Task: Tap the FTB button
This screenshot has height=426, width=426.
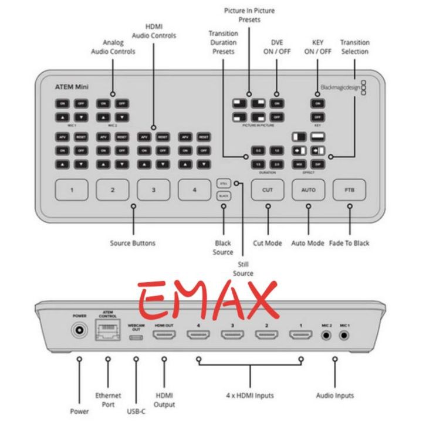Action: (350, 190)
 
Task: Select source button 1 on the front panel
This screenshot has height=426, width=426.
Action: (72, 190)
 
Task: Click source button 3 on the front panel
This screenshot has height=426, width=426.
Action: (154, 190)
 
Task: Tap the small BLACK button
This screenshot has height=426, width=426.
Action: (224, 196)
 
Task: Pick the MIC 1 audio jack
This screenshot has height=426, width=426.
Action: (344, 336)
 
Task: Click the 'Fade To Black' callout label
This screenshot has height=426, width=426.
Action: (350, 243)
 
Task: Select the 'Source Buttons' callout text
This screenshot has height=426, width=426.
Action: (133, 243)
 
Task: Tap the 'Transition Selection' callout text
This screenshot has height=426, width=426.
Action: (354, 47)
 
